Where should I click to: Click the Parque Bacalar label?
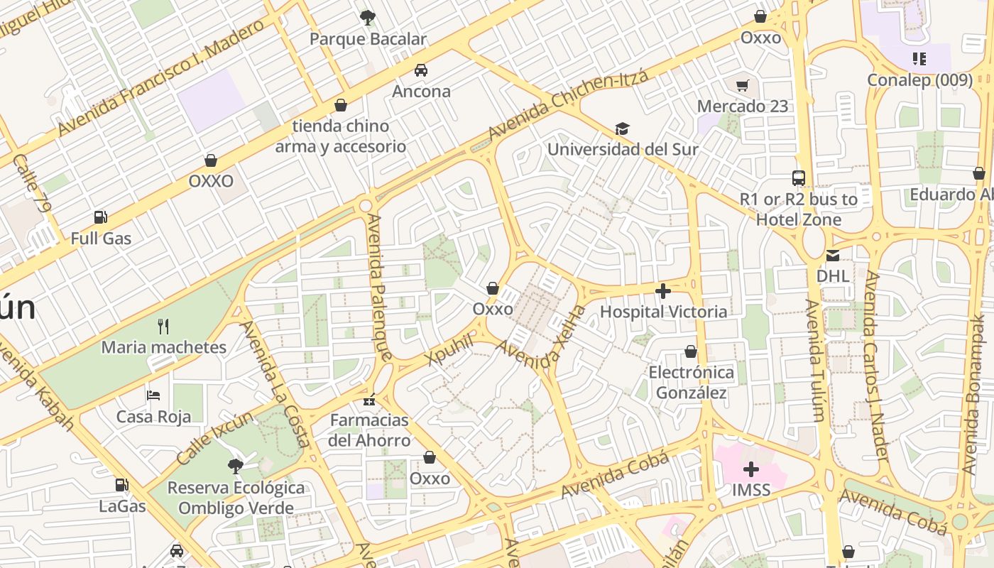coord(368,39)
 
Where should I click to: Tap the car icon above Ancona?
coord(421,70)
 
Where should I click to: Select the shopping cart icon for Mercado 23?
coord(742,86)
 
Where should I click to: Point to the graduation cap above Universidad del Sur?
coord(622,129)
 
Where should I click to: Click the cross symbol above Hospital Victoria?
coord(663,291)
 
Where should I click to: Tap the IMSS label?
coord(750,489)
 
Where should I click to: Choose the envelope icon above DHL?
coord(832,256)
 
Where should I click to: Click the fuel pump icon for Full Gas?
coord(101,217)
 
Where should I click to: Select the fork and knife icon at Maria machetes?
coord(163,327)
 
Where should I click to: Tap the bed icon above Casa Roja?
coord(153,395)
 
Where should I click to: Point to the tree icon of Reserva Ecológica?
coord(235,466)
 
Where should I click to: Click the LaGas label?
coord(122,506)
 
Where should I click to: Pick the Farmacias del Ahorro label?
coord(369,430)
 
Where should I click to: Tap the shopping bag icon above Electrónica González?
coord(691,351)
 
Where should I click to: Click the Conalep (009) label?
coord(919,80)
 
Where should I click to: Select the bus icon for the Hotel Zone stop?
coord(799,178)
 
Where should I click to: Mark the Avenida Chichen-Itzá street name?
coord(568,105)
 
